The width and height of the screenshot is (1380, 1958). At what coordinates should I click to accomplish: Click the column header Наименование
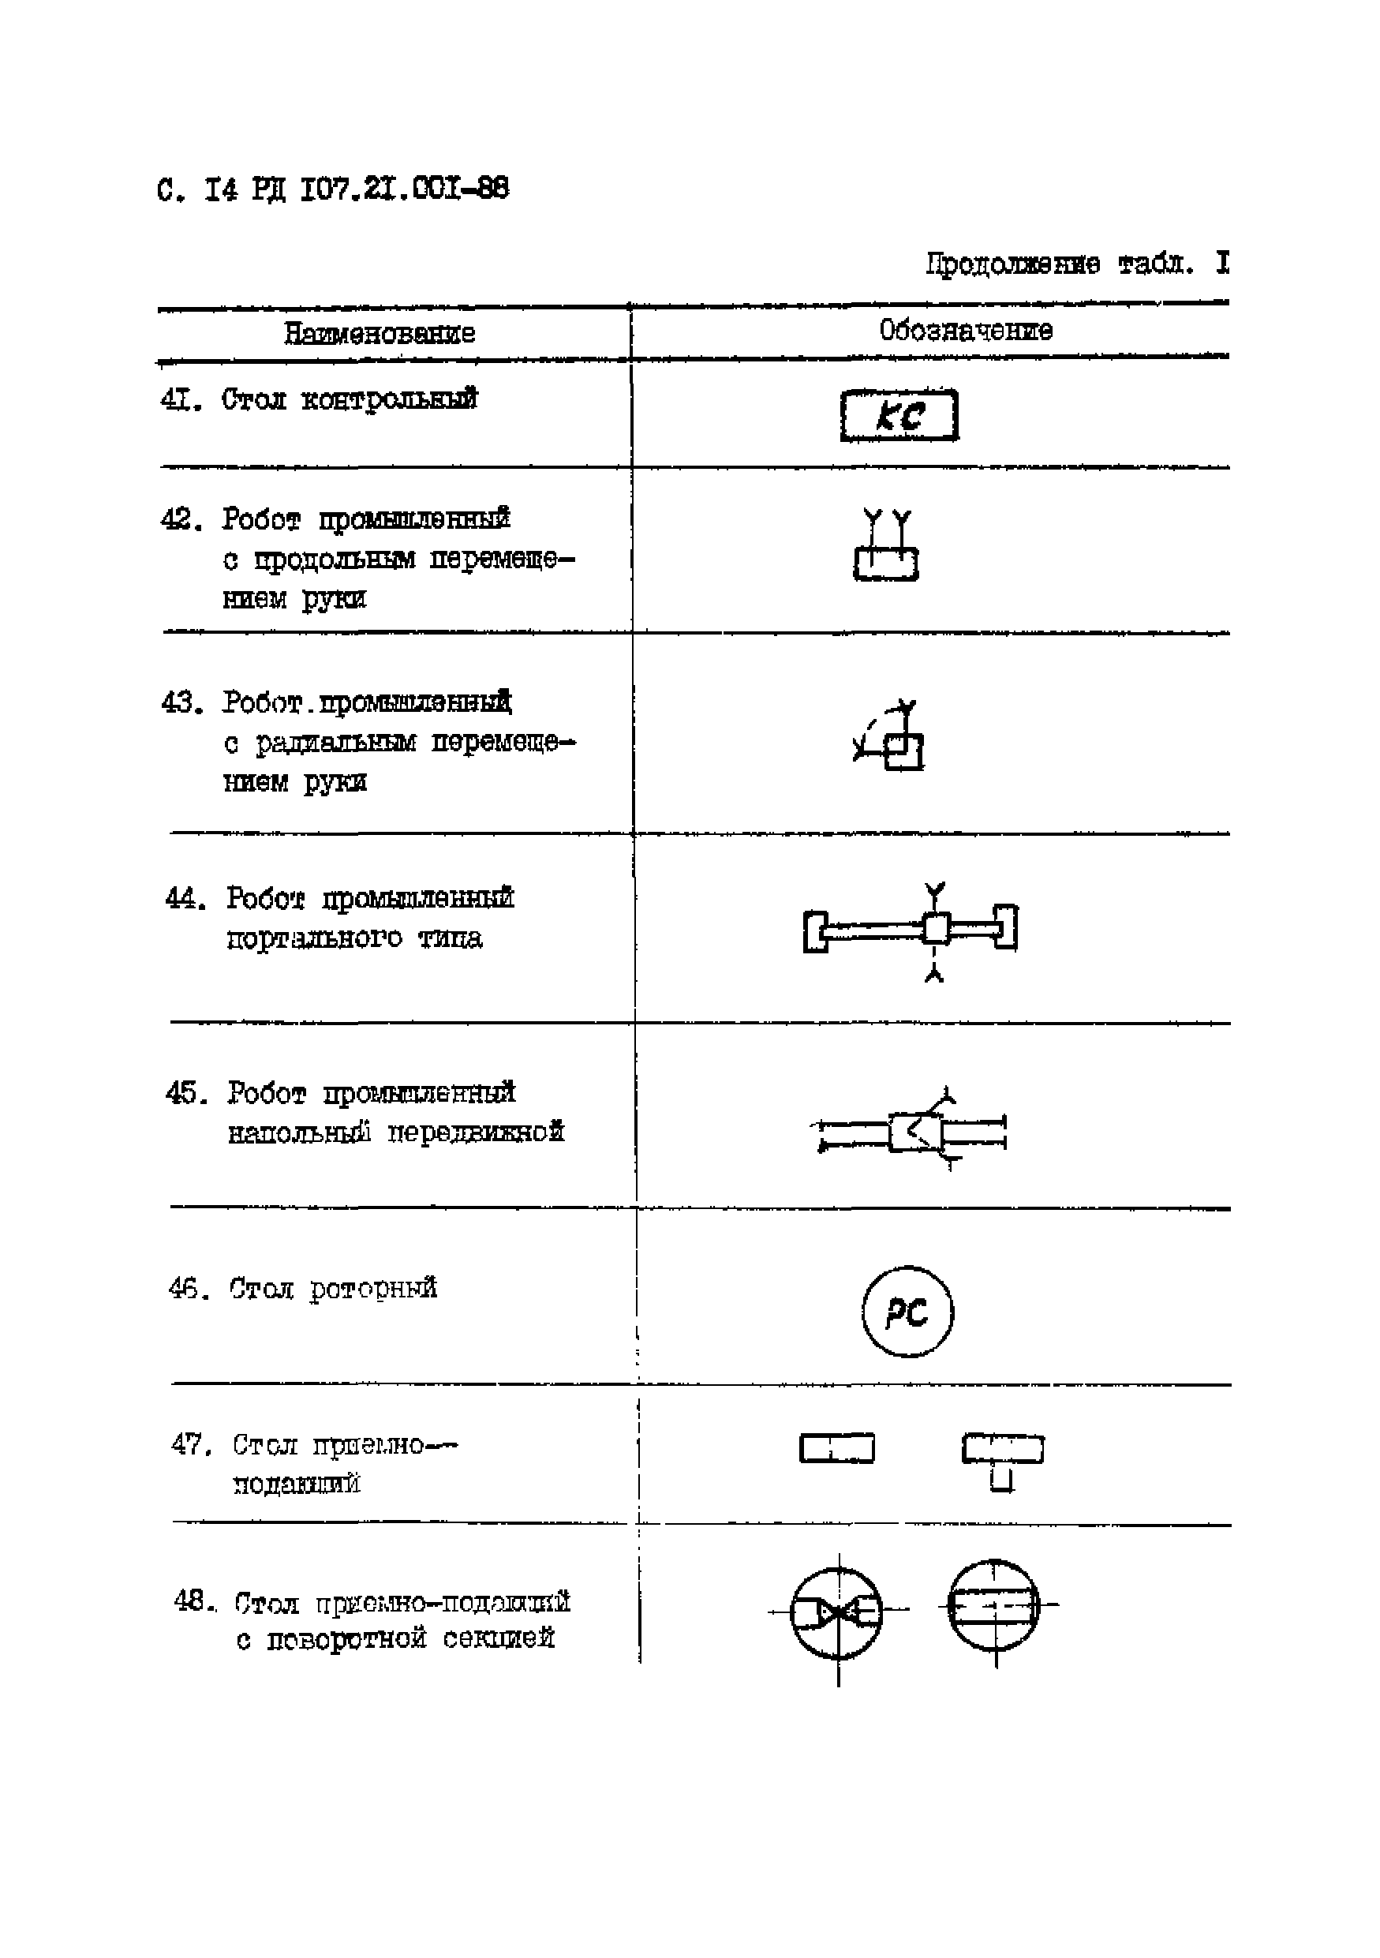pyautogui.click(x=380, y=332)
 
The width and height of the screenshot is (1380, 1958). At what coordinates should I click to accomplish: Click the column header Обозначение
pyautogui.click(x=966, y=330)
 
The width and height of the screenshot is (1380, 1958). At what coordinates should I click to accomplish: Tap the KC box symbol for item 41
pyautogui.click(x=899, y=416)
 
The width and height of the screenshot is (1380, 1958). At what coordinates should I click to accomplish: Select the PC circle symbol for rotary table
pyautogui.click(x=907, y=1312)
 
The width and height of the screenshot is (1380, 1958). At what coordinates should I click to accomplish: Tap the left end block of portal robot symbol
pyautogui.click(x=816, y=930)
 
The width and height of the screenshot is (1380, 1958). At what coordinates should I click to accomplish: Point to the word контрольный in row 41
pyautogui.click(x=390, y=399)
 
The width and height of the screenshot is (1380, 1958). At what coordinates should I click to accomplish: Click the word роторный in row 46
pyautogui.click(x=373, y=1289)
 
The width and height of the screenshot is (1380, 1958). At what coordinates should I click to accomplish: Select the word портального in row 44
pyautogui.click(x=314, y=939)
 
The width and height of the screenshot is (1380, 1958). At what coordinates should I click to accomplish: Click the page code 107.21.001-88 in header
pyautogui.click(x=405, y=189)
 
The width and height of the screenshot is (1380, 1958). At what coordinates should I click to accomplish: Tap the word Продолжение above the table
pyautogui.click(x=1012, y=264)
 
